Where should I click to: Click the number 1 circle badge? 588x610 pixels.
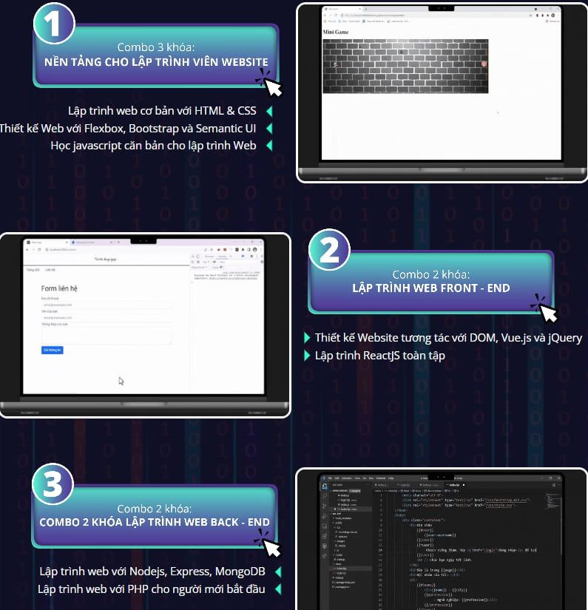coord(54,24)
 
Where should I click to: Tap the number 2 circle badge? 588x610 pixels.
coord(328,250)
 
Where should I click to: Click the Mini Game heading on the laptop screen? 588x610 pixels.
coord(337,33)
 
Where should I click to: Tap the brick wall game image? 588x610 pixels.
coord(405,66)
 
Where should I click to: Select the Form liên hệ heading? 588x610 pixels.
coord(59,288)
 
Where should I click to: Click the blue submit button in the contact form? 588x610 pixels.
coord(53,350)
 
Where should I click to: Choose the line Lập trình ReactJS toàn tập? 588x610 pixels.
coord(379,356)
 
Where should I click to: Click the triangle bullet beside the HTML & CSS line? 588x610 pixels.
coord(269,112)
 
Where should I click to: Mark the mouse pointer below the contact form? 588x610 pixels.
coord(121,381)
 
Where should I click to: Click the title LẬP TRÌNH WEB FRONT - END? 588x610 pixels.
coord(430,288)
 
